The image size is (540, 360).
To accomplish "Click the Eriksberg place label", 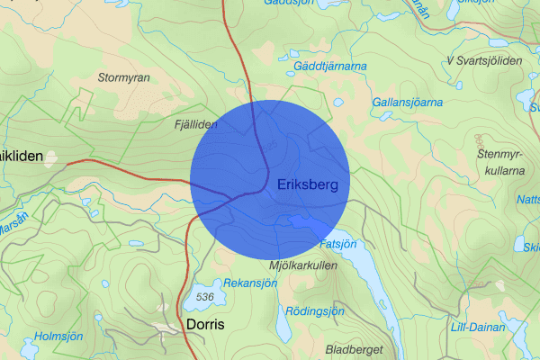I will (308, 184).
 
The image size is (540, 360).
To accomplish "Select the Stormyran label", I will (124, 78).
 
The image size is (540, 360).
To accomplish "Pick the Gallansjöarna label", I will (407, 103).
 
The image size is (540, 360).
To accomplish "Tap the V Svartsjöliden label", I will (484, 60).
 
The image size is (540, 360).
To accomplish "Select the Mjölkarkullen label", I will (302, 267).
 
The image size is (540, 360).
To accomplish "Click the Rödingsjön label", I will (314, 311).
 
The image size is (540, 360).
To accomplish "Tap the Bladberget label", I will (356, 349).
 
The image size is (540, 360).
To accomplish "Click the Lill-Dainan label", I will (476, 328).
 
